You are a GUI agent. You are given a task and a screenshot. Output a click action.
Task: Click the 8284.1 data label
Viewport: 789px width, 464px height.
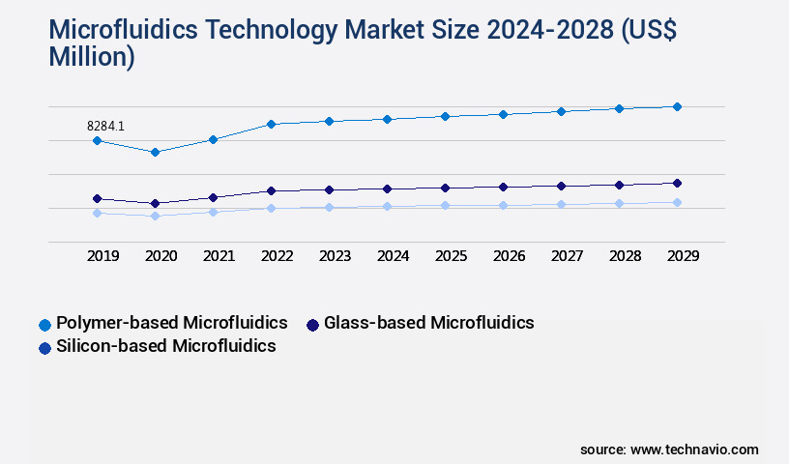coord(105,126)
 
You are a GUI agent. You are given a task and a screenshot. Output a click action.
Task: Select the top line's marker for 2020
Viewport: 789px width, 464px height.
coord(155,152)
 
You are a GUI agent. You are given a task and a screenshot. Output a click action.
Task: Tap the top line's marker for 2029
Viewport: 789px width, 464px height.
coord(677,106)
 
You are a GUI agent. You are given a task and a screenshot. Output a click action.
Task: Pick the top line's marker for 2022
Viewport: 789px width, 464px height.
coord(271,124)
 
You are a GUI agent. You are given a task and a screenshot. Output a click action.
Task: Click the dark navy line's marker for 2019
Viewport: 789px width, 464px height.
coord(97,198)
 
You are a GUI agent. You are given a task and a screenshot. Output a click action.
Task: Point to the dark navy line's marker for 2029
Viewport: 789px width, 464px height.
coord(677,183)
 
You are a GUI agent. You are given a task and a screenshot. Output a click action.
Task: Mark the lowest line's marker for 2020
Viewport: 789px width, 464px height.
coord(155,216)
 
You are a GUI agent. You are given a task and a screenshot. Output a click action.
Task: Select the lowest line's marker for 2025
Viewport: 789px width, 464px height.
coord(445,205)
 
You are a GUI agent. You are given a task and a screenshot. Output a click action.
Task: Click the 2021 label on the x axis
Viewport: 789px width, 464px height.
coord(219,256)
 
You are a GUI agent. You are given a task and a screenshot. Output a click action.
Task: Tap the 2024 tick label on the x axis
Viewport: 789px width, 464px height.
coord(393,256)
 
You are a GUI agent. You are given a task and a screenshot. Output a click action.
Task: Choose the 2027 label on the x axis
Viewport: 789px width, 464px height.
coord(567,256)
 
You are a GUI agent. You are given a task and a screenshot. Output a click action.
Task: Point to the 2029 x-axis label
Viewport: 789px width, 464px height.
coord(683,256)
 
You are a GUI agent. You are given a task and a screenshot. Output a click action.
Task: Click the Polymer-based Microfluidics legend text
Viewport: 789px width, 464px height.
coord(172,322)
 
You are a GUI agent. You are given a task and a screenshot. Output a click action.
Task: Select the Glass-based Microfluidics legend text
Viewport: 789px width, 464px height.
coord(429,322)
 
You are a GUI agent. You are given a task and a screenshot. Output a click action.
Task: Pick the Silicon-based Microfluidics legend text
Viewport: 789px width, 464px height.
coord(166,346)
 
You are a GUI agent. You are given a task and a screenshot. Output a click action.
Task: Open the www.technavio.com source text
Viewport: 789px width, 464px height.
coord(694,449)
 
